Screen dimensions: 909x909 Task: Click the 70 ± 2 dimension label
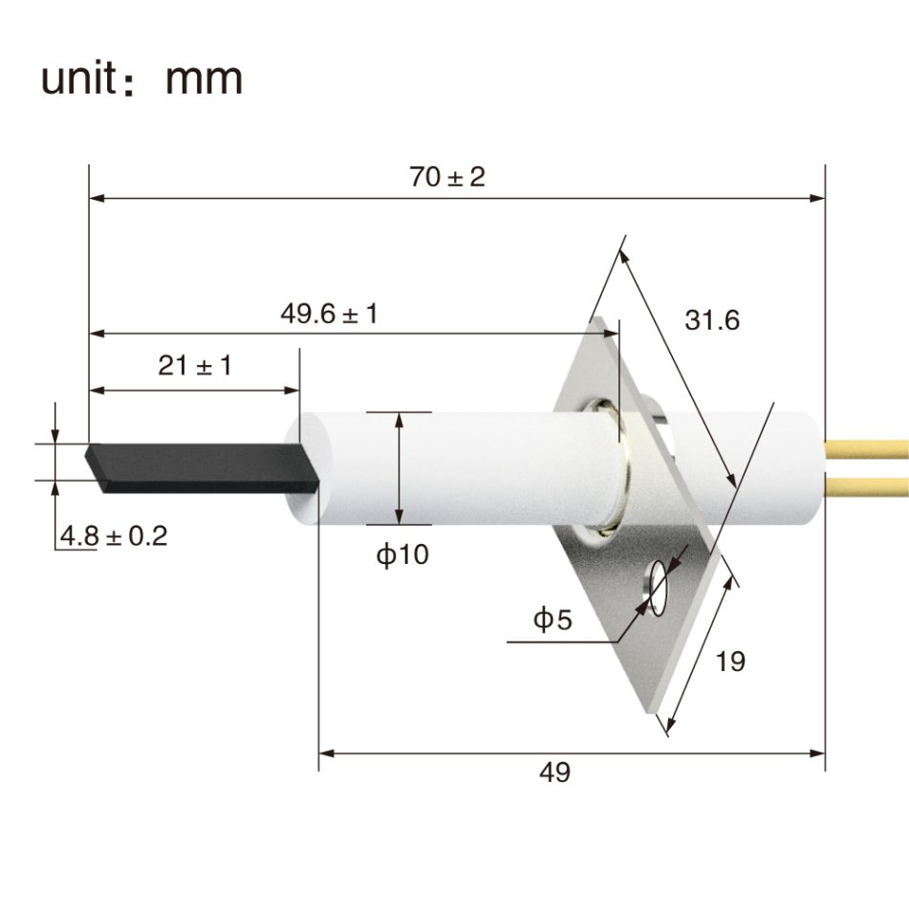447,177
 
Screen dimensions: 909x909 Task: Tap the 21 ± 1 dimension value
195,365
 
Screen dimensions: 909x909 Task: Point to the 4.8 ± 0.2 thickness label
113,536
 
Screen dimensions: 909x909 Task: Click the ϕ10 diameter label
401,555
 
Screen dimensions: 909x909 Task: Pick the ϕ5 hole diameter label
552,620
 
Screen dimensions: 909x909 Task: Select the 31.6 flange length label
712,320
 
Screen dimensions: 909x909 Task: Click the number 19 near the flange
730,660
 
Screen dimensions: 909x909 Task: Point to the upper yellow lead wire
866,448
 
